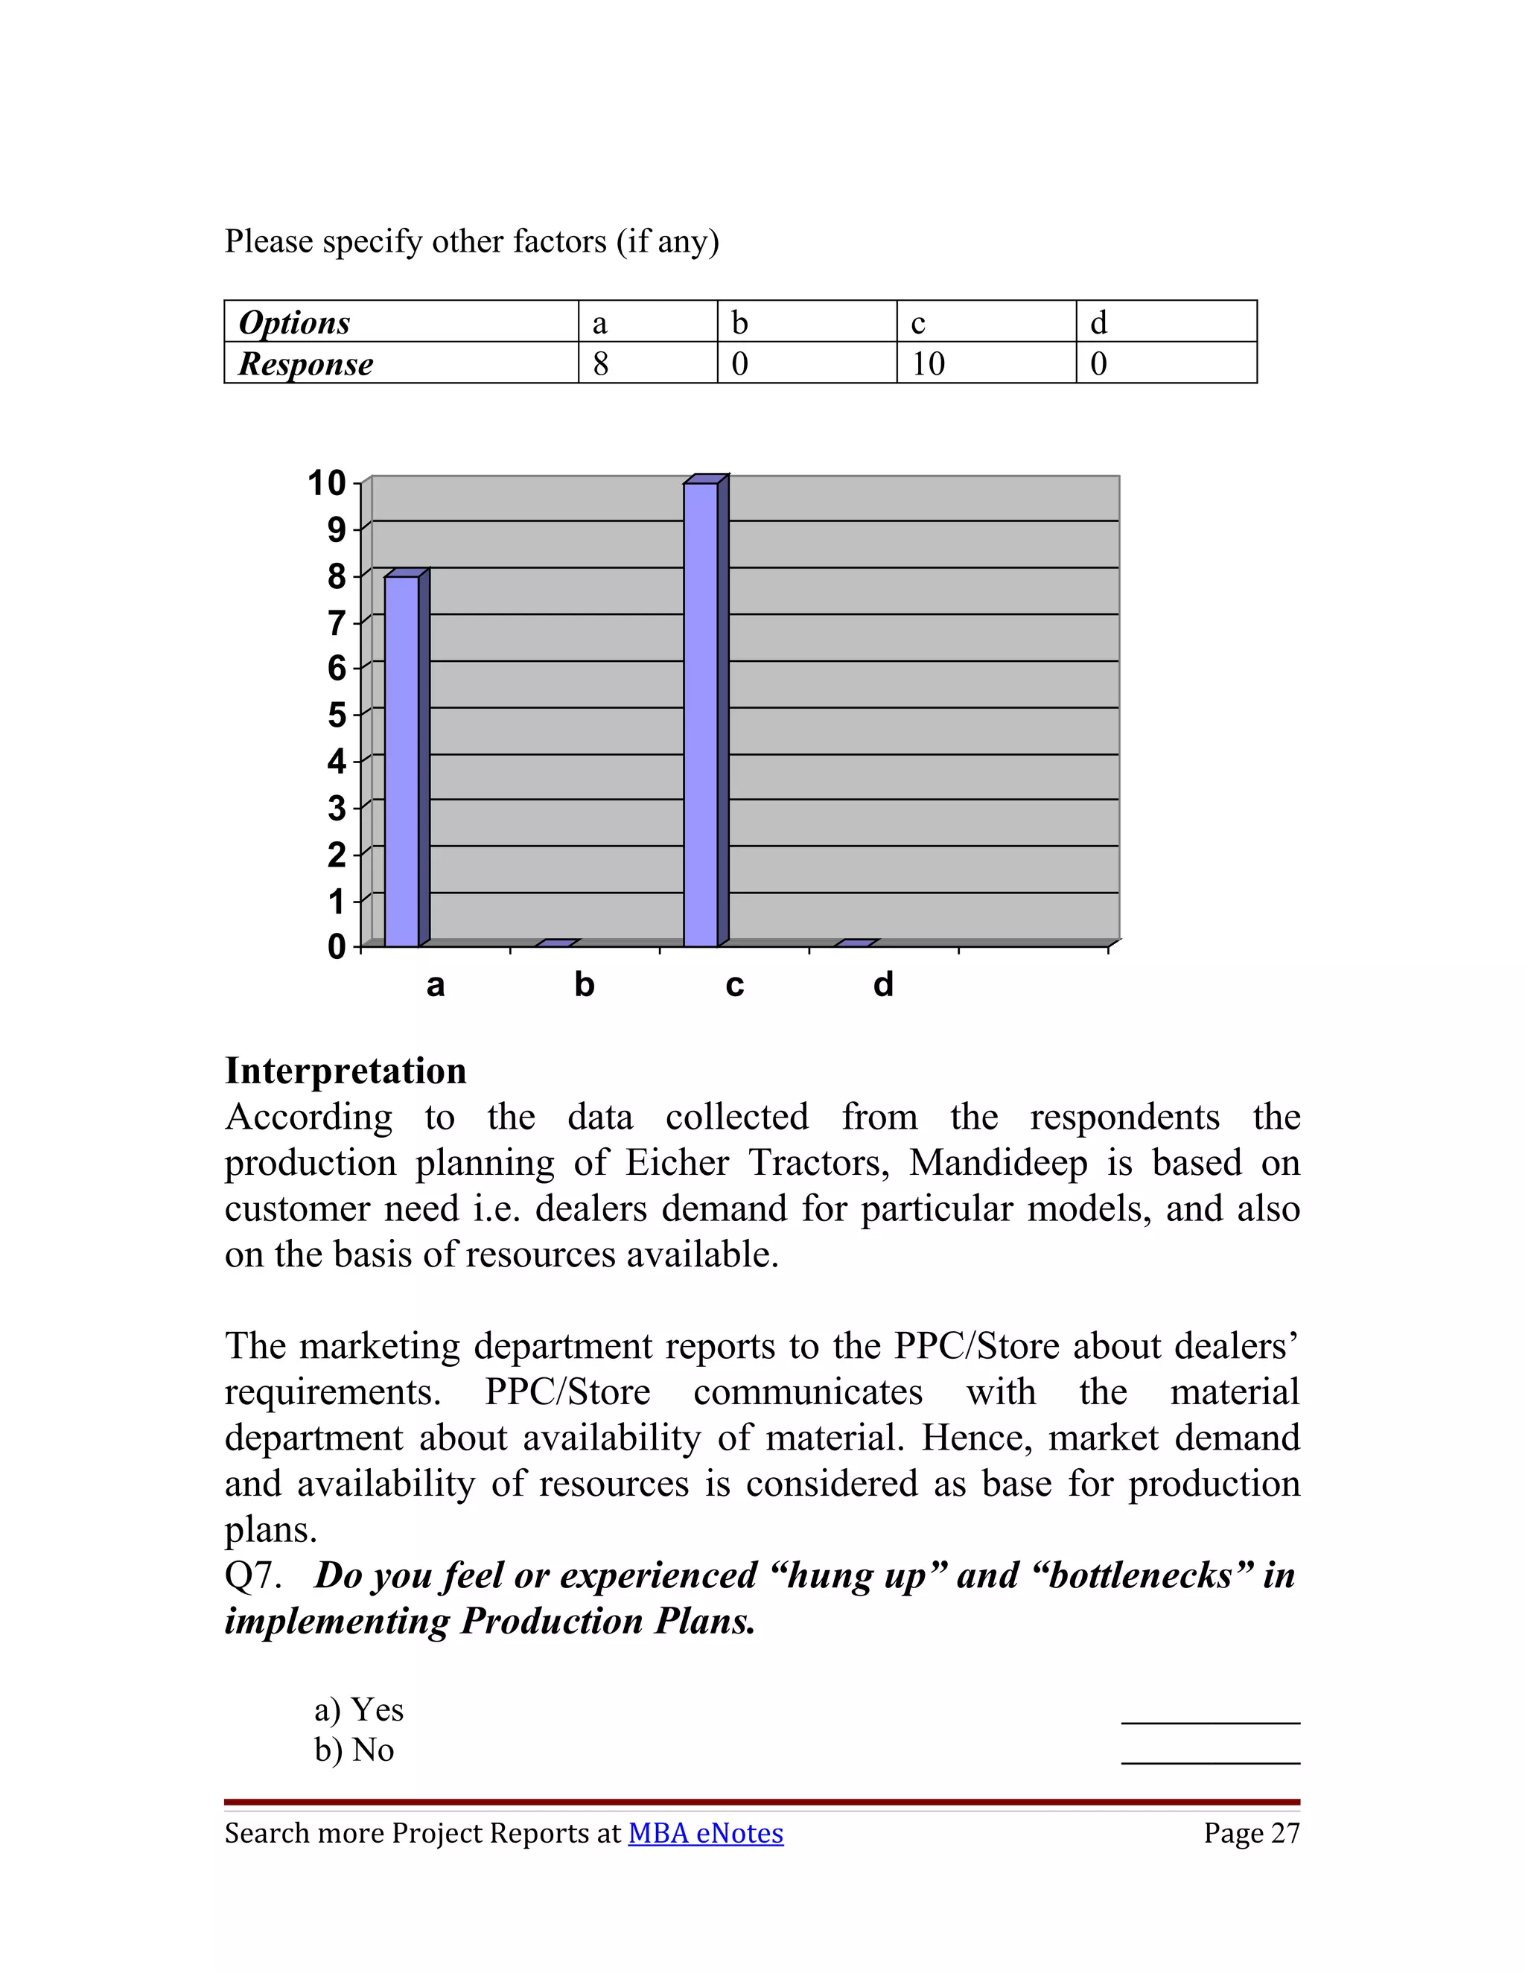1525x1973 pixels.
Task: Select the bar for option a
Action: [402, 761]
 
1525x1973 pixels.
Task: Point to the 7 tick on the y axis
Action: [337, 622]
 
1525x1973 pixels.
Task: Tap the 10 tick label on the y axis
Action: [327, 483]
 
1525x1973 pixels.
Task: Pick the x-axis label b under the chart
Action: [585, 985]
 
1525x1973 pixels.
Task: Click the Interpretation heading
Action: [346, 1071]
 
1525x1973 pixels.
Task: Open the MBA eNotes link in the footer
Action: [706, 1834]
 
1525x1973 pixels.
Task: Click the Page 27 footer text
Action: [1251, 1834]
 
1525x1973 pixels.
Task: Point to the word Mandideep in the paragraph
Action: [999, 1164]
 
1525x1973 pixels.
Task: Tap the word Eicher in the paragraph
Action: [677, 1164]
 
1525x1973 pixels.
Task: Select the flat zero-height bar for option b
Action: [555, 943]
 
